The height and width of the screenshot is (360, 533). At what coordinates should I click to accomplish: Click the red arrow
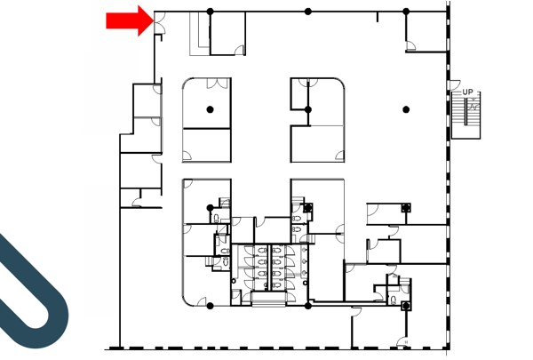click(130, 20)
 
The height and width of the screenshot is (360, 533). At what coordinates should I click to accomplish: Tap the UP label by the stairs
click(467, 92)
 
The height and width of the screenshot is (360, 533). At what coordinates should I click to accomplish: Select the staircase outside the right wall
click(465, 115)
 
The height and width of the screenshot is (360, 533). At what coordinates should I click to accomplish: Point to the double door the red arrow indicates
click(160, 22)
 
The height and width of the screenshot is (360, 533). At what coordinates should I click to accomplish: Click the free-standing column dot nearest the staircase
click(406, 109)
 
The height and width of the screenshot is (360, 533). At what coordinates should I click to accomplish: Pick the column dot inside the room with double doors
click(210, 109)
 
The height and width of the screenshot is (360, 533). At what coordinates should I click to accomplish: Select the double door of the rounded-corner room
click(218, 84)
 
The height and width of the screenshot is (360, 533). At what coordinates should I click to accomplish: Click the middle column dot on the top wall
click(308, 12)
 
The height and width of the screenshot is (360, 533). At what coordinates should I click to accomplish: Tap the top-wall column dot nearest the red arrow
click(210, 12)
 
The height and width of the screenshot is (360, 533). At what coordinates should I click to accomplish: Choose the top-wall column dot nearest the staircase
click(406, 12)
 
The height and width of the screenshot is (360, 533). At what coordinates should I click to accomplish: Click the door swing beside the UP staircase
click(455, 84)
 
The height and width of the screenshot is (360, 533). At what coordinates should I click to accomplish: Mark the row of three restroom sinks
click(304, 261)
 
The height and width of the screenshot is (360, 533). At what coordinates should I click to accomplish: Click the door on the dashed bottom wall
click(402, 341)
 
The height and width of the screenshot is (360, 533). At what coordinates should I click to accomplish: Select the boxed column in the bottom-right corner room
click(406, 306)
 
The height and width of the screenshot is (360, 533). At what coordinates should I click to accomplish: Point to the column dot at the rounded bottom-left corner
click(210, 306)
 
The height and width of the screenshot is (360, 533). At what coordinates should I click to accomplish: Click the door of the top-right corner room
click(410, 46)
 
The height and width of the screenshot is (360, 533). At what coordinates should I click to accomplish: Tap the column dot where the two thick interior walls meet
click(308, 109)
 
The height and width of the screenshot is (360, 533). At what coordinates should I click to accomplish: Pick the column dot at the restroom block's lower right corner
click(308, 306)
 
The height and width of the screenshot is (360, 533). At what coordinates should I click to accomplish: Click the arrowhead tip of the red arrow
click(154, 20)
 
